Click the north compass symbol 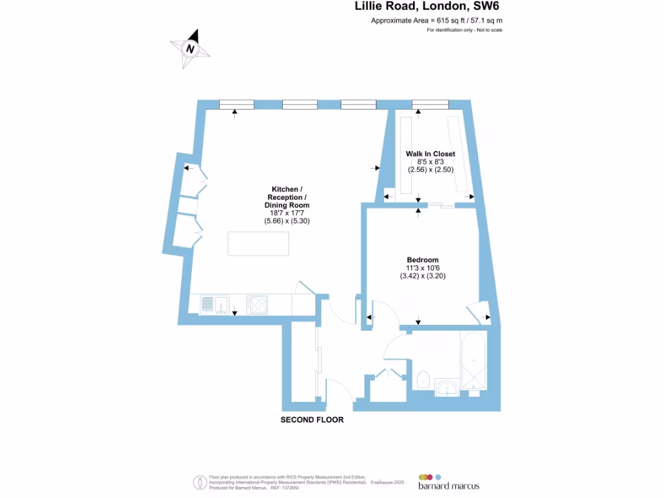(190, 49)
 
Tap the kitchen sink (215, 304)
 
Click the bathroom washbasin (447, 388)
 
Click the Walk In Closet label (431, 154)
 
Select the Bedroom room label (423, 259)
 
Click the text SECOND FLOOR (312, 420)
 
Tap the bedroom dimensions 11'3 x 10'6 (423, 268)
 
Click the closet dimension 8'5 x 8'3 (431, 161)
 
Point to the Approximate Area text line (436, 21)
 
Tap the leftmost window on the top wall (236, 104)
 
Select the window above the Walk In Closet (430, 104)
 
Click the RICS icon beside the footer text (200, 482)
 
